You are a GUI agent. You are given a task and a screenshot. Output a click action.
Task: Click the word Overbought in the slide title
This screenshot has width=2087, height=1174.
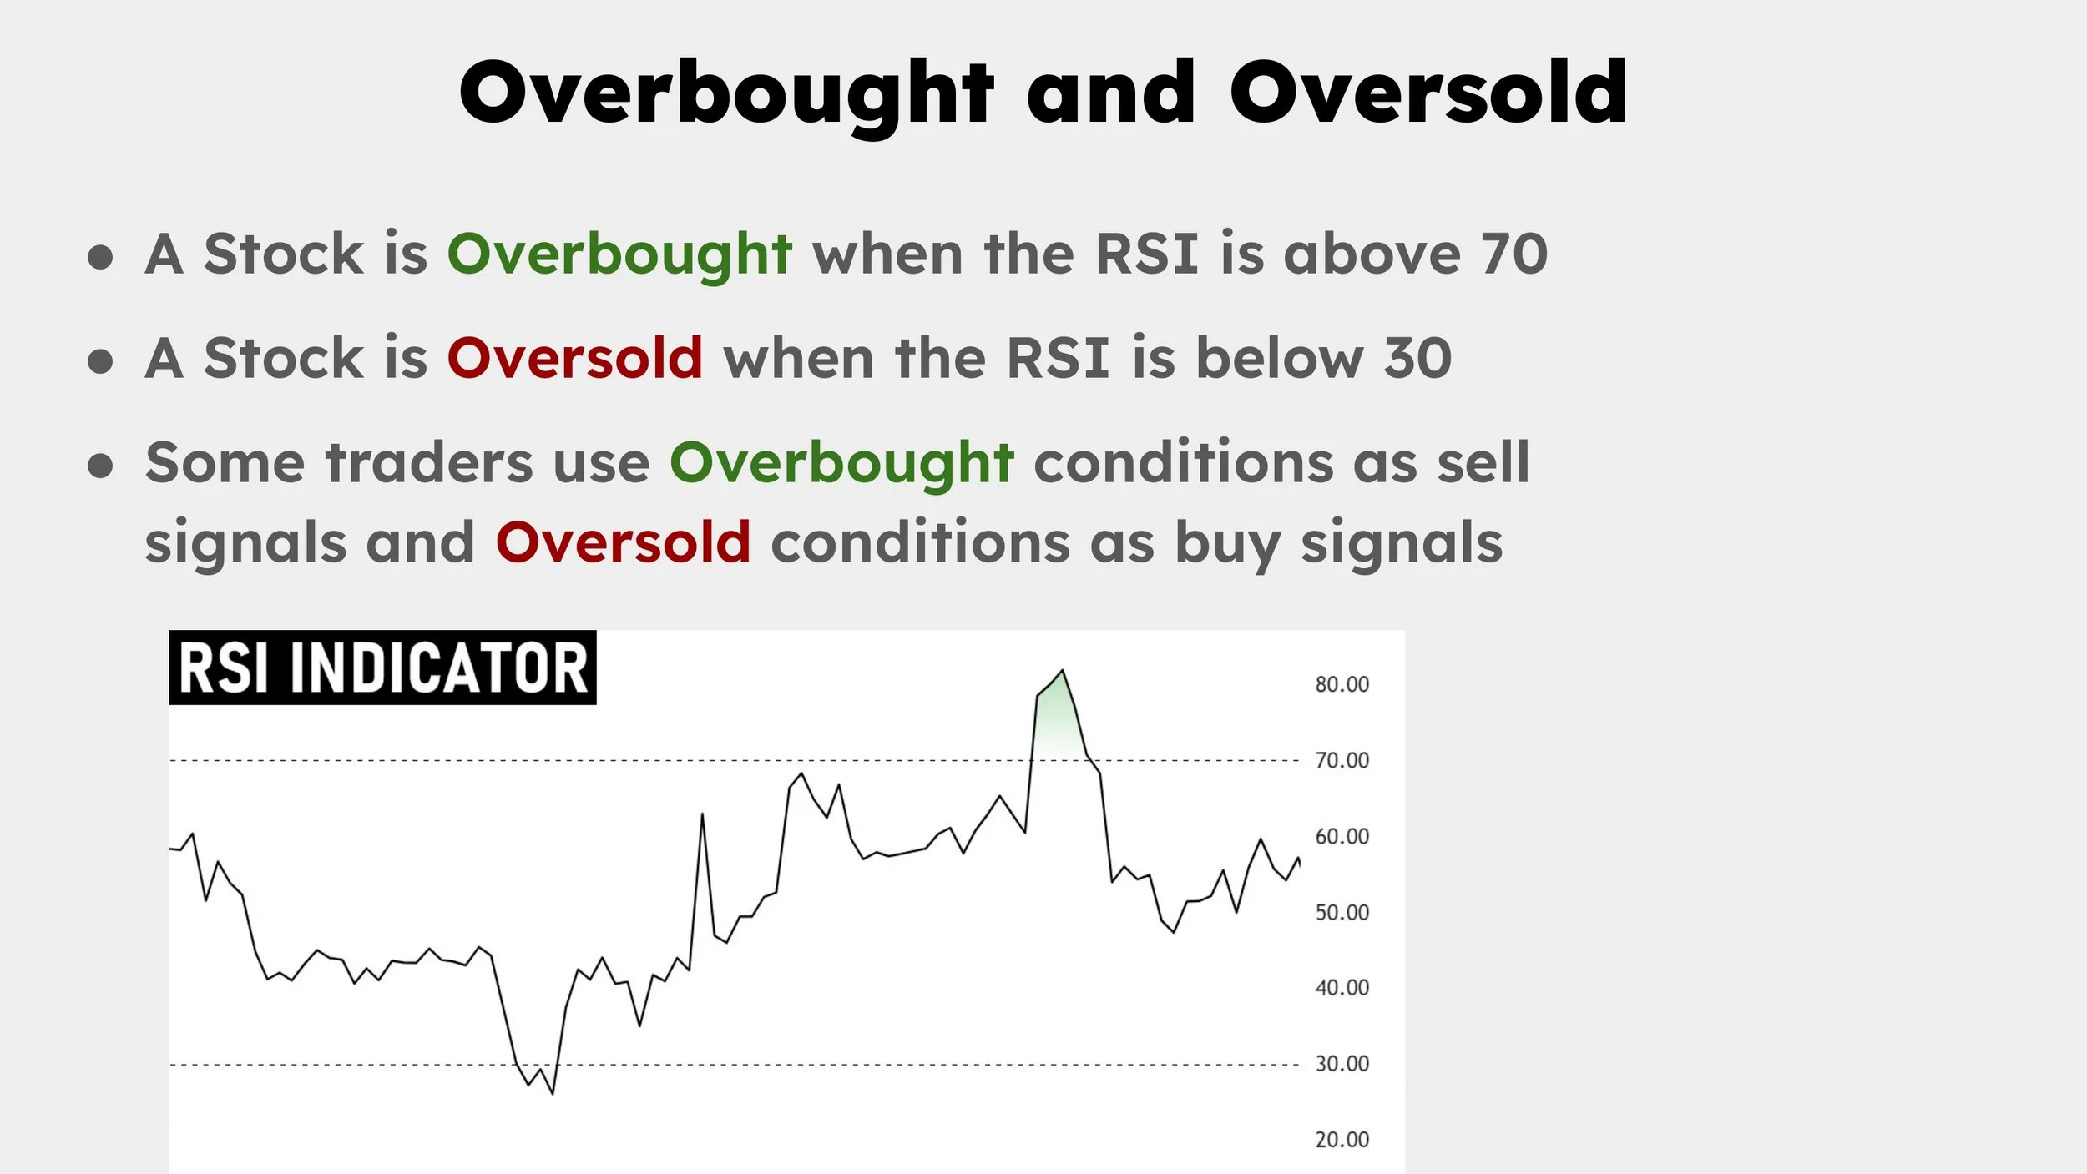(726, 93)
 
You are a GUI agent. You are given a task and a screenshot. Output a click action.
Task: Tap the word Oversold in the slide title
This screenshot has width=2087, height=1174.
(1428, 93)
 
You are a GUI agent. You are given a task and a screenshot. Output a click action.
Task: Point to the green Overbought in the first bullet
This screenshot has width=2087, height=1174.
(619, 254)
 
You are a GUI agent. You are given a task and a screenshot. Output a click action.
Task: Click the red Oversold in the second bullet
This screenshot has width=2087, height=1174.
(575, 358)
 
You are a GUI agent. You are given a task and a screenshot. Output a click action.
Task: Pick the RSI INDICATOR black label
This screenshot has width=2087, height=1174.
(382, 668)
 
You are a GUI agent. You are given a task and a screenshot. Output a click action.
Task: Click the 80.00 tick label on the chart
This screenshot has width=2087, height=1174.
(1342, 684)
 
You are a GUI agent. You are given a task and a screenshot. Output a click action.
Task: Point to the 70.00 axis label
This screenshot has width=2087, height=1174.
(1342, 760)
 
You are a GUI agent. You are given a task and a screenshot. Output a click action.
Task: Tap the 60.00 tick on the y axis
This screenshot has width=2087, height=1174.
(1342, 836)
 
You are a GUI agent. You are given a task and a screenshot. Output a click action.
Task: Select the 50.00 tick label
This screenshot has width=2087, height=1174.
(1342, 912)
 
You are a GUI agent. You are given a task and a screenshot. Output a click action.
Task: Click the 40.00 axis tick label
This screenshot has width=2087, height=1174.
(1342, 987)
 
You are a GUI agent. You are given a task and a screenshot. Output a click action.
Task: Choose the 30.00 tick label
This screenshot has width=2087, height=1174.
(1342, 1063)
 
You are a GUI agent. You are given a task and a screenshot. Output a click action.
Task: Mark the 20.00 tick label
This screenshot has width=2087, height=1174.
(1342, 1139)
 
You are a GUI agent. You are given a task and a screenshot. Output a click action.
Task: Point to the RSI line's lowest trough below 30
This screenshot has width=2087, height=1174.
(552, 1091)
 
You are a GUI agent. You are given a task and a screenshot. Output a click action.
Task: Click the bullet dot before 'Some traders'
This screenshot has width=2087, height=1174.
(100, 466)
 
